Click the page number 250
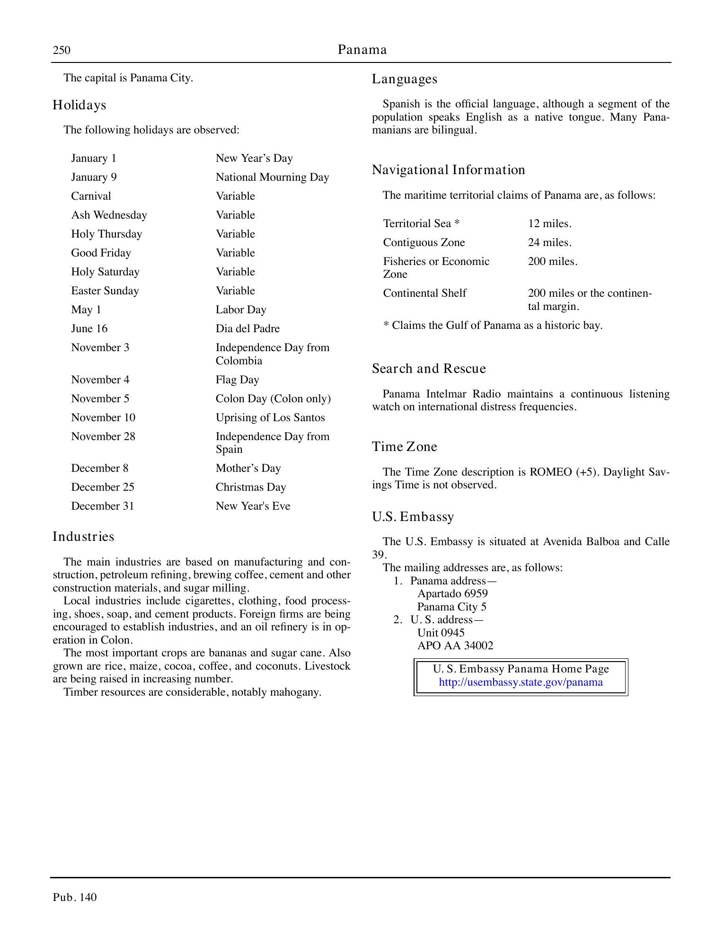[x=62, y=50]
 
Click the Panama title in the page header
[x=362, y=50]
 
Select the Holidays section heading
[x=79, y=105]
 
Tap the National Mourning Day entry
[x=272, y=177]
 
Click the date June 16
[x=89, y=328]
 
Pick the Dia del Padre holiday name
[x=247, y=328]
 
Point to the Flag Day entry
[x=237, y=380]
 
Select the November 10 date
[x=103, y=417]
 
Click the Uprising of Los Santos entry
[x=270, y=417]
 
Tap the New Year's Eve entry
[x=253, y=506]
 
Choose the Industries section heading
[x=83, y=537]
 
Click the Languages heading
[x=404, y=79]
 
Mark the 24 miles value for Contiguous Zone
[x=549, y=242]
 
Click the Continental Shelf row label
[x=424, y=293]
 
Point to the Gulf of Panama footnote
[x=492, y=325]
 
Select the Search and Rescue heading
[x=429, y=369]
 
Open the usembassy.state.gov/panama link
[x=521, y=682]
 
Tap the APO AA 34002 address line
[x=455, y=645]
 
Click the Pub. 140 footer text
[x=75, y=897]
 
